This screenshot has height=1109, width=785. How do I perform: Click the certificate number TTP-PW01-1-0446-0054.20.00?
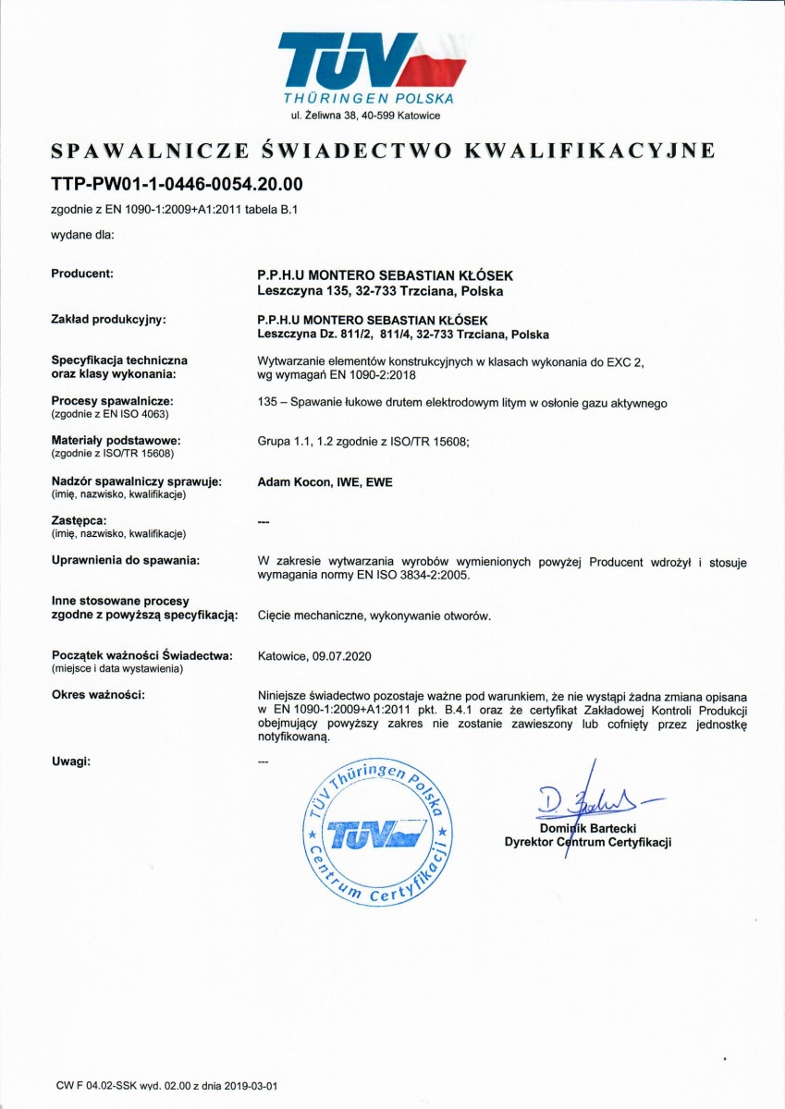[177, 183]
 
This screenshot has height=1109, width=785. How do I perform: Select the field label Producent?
[82, 274]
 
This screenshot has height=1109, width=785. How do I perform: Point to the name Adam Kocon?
[291, 481]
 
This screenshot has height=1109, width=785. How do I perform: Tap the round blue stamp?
[378, 832]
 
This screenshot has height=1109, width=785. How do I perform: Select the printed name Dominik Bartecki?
[587, 828]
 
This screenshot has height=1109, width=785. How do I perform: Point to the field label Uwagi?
[70, 761]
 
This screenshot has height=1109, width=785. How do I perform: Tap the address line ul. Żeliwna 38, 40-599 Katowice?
[365, 116]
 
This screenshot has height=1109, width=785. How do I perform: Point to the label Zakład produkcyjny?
[108, 319]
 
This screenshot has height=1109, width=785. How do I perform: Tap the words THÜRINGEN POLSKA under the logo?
[368, 98]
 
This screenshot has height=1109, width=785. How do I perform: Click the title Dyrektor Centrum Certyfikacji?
[587, 842]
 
